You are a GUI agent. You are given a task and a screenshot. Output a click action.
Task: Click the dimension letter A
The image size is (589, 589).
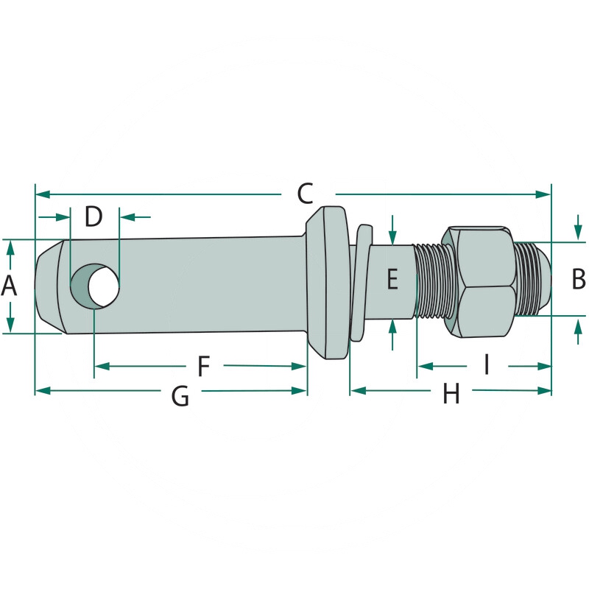click(x=9, y=286)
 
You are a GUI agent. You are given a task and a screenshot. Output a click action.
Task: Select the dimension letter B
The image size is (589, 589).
click(x=578, y=280)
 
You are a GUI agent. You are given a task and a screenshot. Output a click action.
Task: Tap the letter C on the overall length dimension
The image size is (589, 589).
click(x=306, y=194)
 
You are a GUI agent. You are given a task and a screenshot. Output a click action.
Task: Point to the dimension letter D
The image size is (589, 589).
click(x=94, y=216)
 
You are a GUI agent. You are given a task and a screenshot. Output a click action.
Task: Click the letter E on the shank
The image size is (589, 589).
click(x=392, y=280)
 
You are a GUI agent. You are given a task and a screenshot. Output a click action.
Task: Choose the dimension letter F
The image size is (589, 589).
click(x=204, y=365)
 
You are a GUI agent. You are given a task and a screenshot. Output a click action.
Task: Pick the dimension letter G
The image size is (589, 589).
click(x=180, y=396)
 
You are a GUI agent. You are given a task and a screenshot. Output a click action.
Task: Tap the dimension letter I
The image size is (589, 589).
click(x=486, y=364)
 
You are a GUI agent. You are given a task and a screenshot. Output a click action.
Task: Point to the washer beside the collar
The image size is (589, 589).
click(x=359, y=283)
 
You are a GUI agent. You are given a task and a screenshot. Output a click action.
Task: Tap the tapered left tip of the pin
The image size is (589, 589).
click(x=48, y=286)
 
